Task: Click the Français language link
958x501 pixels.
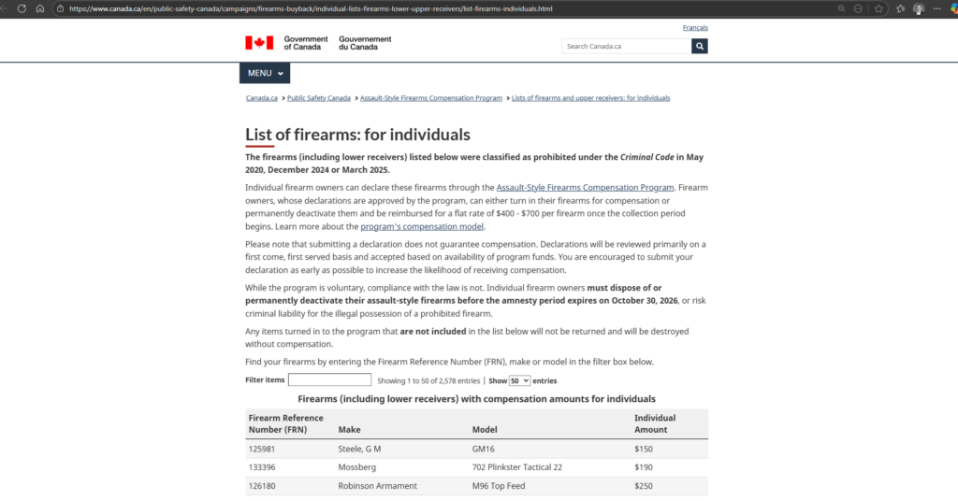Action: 695,28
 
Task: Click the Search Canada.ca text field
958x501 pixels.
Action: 626,46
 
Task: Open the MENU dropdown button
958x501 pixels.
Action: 265,73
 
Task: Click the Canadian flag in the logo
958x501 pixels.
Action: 259,43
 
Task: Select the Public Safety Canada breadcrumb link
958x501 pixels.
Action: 319,98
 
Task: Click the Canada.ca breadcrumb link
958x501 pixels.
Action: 262,98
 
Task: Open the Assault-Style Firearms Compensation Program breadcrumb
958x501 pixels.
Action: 431,98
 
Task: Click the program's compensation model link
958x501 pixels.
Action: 422,226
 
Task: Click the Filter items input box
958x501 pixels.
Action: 329,380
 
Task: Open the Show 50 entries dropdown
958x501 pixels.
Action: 520,381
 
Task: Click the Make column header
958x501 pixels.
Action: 349,430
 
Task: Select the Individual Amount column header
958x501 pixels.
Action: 655,423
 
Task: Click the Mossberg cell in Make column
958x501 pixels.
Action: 356,467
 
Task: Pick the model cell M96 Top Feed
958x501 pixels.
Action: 498,486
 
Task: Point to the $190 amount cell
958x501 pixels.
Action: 643,467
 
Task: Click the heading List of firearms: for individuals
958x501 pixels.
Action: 357,135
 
